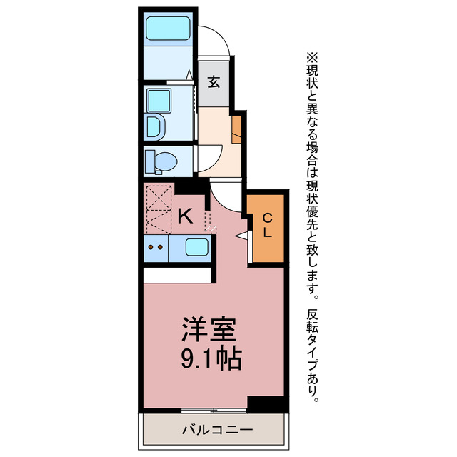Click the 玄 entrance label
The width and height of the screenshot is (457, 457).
(214, 81)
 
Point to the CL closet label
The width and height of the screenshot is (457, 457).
(267, 225)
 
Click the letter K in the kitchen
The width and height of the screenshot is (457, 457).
(185, 215)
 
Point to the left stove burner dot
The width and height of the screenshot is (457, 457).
(150, 248)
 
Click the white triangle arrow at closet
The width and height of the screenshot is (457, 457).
(242, 235)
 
